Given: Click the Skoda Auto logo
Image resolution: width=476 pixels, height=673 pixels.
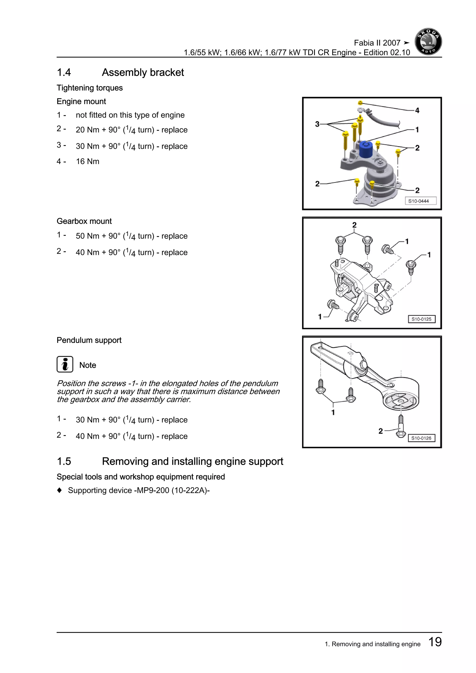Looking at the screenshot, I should (428, 42).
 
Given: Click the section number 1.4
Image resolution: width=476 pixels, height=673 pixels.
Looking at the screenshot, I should (64, 73).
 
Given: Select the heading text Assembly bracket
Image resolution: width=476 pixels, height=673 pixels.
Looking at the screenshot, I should (143, 73).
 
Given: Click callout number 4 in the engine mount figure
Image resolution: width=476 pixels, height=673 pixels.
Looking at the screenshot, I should (417, 111).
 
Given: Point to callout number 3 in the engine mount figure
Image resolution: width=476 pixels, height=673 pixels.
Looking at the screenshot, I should (317, 124).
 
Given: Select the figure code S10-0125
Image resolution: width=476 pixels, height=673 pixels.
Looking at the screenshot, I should (421, 319).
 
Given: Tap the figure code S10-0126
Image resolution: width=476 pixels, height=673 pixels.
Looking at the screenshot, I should (421, 438).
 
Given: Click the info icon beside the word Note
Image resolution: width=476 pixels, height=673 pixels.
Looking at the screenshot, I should (65, 364).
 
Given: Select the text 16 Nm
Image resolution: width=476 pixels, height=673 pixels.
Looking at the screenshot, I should (87, 162).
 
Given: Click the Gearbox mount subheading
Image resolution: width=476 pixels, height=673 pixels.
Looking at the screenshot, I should (84, 221).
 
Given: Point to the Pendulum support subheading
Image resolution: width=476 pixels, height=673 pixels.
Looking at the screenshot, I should (89, 340).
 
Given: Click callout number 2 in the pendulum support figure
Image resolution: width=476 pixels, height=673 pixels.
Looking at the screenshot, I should (380, 431).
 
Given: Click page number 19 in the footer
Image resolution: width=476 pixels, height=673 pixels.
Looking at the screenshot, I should (435, 642).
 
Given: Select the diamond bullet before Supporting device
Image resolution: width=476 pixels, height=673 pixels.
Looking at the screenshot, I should (59, 490).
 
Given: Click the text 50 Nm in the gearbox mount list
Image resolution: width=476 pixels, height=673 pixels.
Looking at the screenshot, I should (87, 236).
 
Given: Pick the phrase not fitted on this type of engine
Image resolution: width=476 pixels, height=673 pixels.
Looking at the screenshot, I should (130, 115).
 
